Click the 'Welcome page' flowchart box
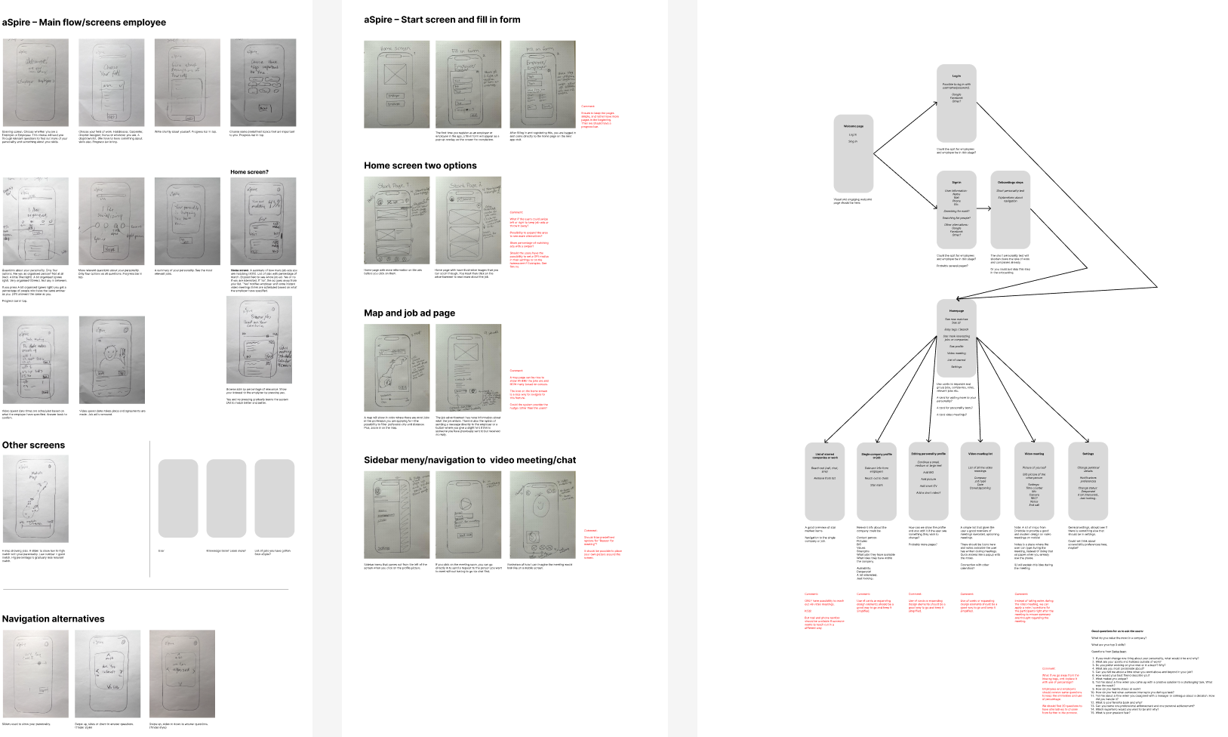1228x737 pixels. pyautogui.click(x=853, y=153)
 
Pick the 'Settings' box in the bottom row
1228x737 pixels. pyautogui.click(x=1088, y=481)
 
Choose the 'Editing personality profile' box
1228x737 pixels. pyautogui.click(x=928, y=481)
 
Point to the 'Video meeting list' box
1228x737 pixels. pyautogui.click(x=980, y=481)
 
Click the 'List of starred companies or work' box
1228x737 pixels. pyautogui.click(x=825, y=481)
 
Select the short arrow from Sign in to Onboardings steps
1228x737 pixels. pyautogui.click(x=983, y=208)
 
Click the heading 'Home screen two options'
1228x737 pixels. pyautogui.click(x=420, y=165)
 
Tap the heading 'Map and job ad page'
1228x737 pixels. pyautogui.click(x=409, y=313)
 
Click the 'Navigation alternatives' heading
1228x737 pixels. pyautogui.click(x=54, y=618)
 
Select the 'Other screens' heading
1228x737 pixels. pyautogui.click(x=34, y=445)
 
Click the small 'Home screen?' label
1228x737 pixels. pyautogui.click(x=249, y=172)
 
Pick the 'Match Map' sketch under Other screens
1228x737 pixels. pyautogui.click(x=35, y=498)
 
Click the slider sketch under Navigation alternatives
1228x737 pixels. pyautogui.click(x=35, y=674)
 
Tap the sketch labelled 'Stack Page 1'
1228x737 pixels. pyautogui.click(x=396, y=220)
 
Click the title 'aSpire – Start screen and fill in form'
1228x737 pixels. pyautogui.click(x=442, y=20)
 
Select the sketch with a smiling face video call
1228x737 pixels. pyautogui.click(x=112, y=360)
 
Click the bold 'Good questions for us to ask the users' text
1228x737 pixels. pyautogui.click(x=1117, y=631)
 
